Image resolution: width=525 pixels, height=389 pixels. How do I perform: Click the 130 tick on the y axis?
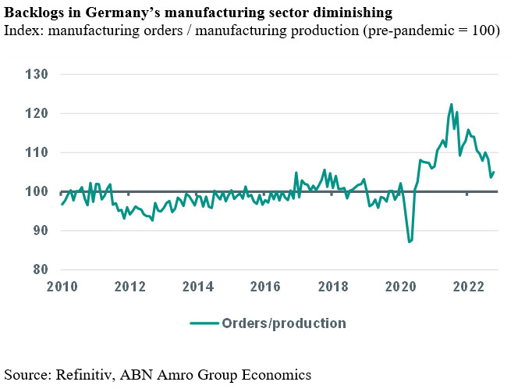37,74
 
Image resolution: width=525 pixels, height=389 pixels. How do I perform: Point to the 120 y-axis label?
37,113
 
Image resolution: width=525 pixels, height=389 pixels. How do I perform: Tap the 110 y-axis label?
37,152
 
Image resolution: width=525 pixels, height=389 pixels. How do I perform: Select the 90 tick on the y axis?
40,230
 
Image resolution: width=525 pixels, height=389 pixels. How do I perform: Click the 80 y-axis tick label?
40,269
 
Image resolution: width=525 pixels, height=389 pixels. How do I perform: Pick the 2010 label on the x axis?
62,286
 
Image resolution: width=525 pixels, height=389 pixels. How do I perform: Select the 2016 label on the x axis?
265,286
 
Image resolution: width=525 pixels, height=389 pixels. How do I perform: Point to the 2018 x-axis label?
333,286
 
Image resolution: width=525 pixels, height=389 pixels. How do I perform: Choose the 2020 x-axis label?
400,286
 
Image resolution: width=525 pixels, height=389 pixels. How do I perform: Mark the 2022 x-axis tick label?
468,286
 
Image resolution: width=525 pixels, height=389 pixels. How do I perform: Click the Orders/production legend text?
283,323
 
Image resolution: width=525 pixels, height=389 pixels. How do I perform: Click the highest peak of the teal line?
451,104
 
